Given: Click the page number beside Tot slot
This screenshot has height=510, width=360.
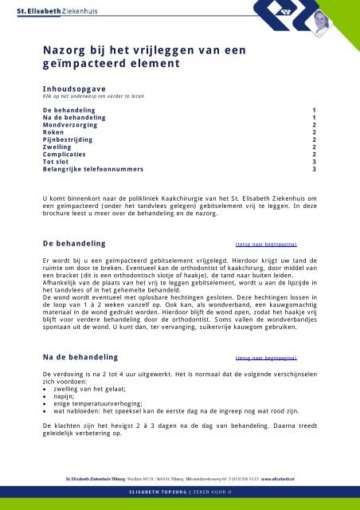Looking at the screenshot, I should click(314, 162).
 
